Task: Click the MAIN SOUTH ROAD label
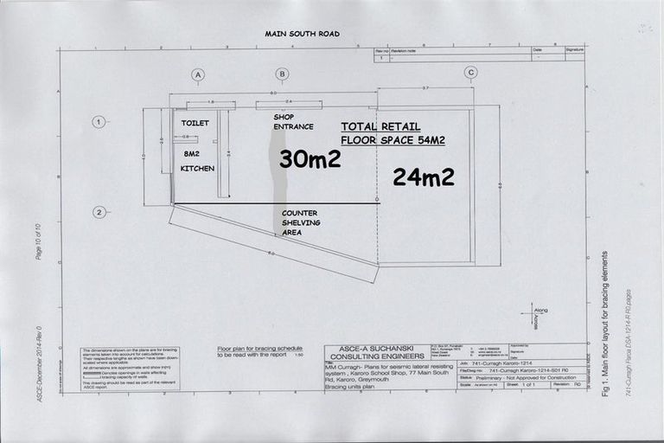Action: tap(302, 34)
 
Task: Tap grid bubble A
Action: tap(198, 74)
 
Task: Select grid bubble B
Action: tap(281, 74)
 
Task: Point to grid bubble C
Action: tap(470, 72)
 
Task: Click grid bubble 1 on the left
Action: tap(99, 122)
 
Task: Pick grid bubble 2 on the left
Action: tap(99, 212)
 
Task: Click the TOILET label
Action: tap(195, 124)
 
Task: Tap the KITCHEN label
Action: tap(197, 169)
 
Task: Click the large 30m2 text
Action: tap(310, 159)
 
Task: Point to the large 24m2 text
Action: tap(423, 177)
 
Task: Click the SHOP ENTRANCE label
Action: tap(288, 121)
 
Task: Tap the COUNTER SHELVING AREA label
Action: tap(301, 222)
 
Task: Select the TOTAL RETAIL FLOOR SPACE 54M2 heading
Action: tap(393, 132)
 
